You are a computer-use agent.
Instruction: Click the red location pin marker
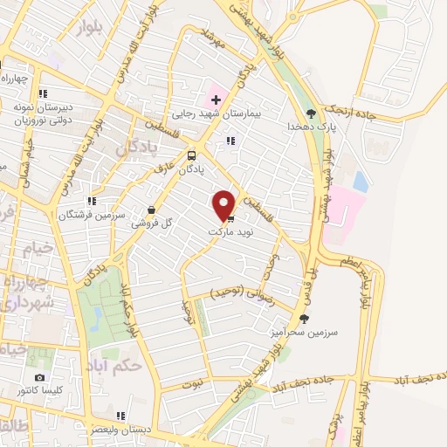click(224, 204)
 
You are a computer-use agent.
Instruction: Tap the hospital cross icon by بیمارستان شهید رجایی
click(216, 100)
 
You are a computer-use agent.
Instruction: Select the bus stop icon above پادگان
click(191, 155)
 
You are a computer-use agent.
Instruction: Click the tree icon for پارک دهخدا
click(310, 113)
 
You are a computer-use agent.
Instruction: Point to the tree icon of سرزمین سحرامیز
click(304, 320)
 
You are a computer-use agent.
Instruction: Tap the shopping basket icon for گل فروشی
click(153, 210)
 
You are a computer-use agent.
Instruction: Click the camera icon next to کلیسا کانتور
click(39, 377)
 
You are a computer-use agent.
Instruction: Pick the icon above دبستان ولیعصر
click(120, 416)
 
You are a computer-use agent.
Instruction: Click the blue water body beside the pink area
click(360, 181)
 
